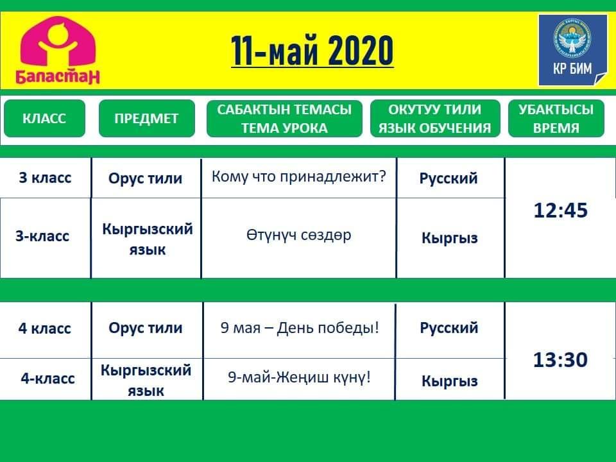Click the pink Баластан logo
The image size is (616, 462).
57,50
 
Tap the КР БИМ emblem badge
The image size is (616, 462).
572,50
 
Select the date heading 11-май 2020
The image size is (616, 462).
312,50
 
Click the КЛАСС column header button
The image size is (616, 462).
44,118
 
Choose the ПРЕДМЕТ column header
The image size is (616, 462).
146,118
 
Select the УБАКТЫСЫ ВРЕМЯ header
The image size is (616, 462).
556,118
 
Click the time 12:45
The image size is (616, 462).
561,210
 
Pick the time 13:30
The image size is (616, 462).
560,359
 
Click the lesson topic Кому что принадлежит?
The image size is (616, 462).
298,177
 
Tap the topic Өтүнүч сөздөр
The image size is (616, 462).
298,235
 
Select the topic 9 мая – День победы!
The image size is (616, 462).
300,327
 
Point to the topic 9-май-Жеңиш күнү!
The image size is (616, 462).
299,377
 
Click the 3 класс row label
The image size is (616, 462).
45,178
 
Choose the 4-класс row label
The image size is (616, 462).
47,379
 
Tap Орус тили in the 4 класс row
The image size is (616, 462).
146,328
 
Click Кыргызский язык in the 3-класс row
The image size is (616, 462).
148,239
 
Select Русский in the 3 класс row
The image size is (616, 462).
449,178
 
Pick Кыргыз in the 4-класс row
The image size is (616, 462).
449,381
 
